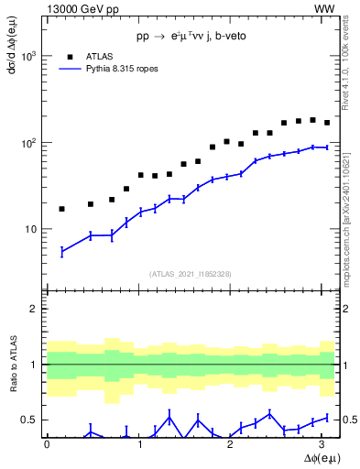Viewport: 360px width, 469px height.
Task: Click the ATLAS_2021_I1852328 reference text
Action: click(x=191, y=274)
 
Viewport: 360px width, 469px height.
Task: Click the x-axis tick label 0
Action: click(x=47, y=443)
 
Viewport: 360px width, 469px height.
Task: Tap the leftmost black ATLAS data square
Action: click(x=61, y=209)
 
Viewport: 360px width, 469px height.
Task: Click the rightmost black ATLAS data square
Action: click(x=327, y=123)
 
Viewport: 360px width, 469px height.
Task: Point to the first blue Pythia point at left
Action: click(x=61, y=251)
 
